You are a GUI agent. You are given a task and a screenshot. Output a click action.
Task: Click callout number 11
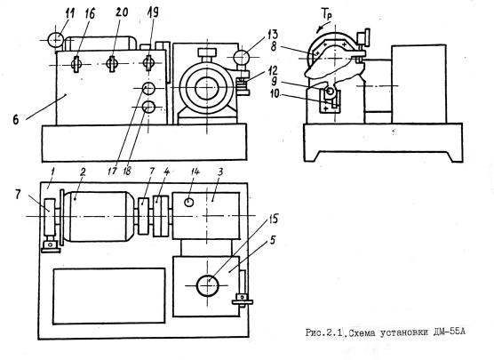coord(69,14)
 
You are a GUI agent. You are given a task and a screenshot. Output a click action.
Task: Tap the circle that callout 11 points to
coord(55,40)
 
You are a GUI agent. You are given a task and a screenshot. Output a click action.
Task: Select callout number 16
coord(90,14)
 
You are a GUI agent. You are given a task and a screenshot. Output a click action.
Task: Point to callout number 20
coord(121,12)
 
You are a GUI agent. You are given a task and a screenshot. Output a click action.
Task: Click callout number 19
coord(153,12)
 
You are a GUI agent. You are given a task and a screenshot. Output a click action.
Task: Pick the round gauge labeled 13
coord(242,58)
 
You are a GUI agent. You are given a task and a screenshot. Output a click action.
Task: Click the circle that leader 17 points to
coord(148,89)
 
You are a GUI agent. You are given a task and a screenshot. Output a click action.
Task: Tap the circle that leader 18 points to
coord(148,108)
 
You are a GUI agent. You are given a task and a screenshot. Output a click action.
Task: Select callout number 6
coord(16,120)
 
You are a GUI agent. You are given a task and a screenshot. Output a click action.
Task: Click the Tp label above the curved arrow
coord(326,14)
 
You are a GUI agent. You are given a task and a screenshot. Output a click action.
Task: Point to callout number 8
coord(274,46)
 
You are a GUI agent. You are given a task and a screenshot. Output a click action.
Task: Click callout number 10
coord(275,93)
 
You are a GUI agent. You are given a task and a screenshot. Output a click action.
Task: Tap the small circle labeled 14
coord(188,202)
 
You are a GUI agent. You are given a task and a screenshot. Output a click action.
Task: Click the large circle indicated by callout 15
coord(207,285)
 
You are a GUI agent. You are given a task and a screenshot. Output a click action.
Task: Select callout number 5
coord(272,240)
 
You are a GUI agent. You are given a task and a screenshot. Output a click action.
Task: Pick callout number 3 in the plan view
coord(220,172)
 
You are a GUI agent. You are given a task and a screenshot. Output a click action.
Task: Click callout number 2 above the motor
coord(83,172)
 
